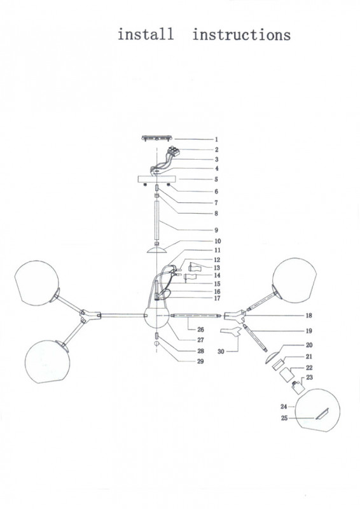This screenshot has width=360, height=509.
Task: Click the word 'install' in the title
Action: [146, 34]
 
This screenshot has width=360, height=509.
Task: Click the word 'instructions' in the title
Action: [242, 35]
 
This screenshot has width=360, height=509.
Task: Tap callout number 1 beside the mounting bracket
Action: [216, 139]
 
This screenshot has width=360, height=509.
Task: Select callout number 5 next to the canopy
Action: [216, 179]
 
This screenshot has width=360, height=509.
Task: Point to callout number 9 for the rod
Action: [216, 230]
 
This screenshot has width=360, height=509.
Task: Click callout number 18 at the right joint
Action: [308, 315]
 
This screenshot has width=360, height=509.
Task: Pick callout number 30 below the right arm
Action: [221, 351]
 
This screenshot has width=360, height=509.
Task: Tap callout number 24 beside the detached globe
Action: [284, 407]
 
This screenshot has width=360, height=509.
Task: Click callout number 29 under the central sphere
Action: [200, 361]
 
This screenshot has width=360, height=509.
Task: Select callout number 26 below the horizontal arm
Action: [200, 330]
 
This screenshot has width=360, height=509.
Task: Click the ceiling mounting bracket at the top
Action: [157, 139]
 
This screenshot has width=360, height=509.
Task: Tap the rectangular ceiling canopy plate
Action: [156, 179]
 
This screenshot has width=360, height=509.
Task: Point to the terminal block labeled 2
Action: [174, 151]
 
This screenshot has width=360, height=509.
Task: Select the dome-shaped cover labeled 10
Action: [157, 250]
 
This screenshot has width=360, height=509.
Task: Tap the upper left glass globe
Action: [37, 282]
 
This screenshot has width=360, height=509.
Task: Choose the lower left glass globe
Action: [48, 362]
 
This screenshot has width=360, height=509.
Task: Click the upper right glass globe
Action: [294, 281]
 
